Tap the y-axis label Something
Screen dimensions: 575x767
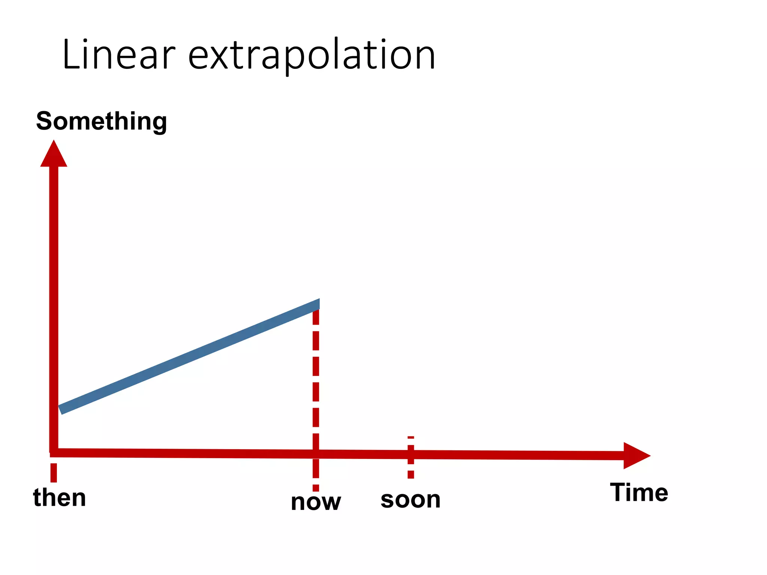101,121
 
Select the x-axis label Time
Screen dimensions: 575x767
639,493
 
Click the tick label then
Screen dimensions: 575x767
60,498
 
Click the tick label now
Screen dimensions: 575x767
316,502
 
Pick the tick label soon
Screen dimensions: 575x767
410,499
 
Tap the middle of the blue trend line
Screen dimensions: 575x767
189,357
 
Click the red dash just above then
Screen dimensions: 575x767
54,473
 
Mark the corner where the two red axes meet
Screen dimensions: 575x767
54,452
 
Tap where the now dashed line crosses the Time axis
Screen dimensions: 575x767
316,454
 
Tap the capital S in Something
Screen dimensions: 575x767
45,121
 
